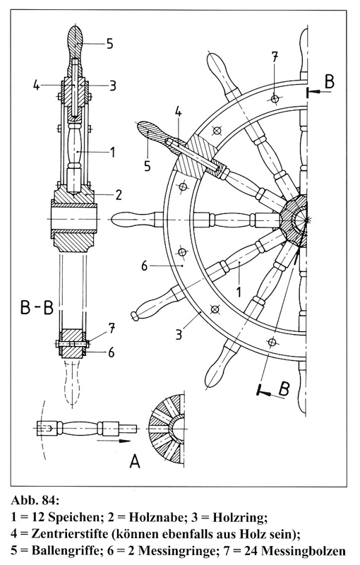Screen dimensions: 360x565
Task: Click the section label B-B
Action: point(37,308)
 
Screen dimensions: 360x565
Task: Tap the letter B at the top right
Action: point(330,81)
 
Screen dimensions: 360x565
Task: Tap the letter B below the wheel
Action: point(284,389)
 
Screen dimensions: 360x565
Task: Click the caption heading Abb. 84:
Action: point(35,501)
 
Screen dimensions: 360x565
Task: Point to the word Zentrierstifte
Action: point(71,534)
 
